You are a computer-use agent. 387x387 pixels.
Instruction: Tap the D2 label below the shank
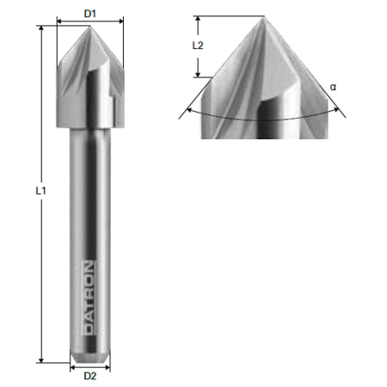click(90, 377)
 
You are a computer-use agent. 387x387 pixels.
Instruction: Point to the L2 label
click(196, 46)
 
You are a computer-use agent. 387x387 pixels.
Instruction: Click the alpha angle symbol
click(334, 86)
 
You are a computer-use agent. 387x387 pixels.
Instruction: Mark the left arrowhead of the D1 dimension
click(58, 21)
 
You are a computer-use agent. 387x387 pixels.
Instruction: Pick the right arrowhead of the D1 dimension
click(122, 21)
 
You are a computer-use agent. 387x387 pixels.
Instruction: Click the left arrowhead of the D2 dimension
click(72, 365)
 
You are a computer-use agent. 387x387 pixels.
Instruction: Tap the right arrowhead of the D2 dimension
click(108, 365)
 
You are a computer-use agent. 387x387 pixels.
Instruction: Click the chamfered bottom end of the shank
click(90, 353)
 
